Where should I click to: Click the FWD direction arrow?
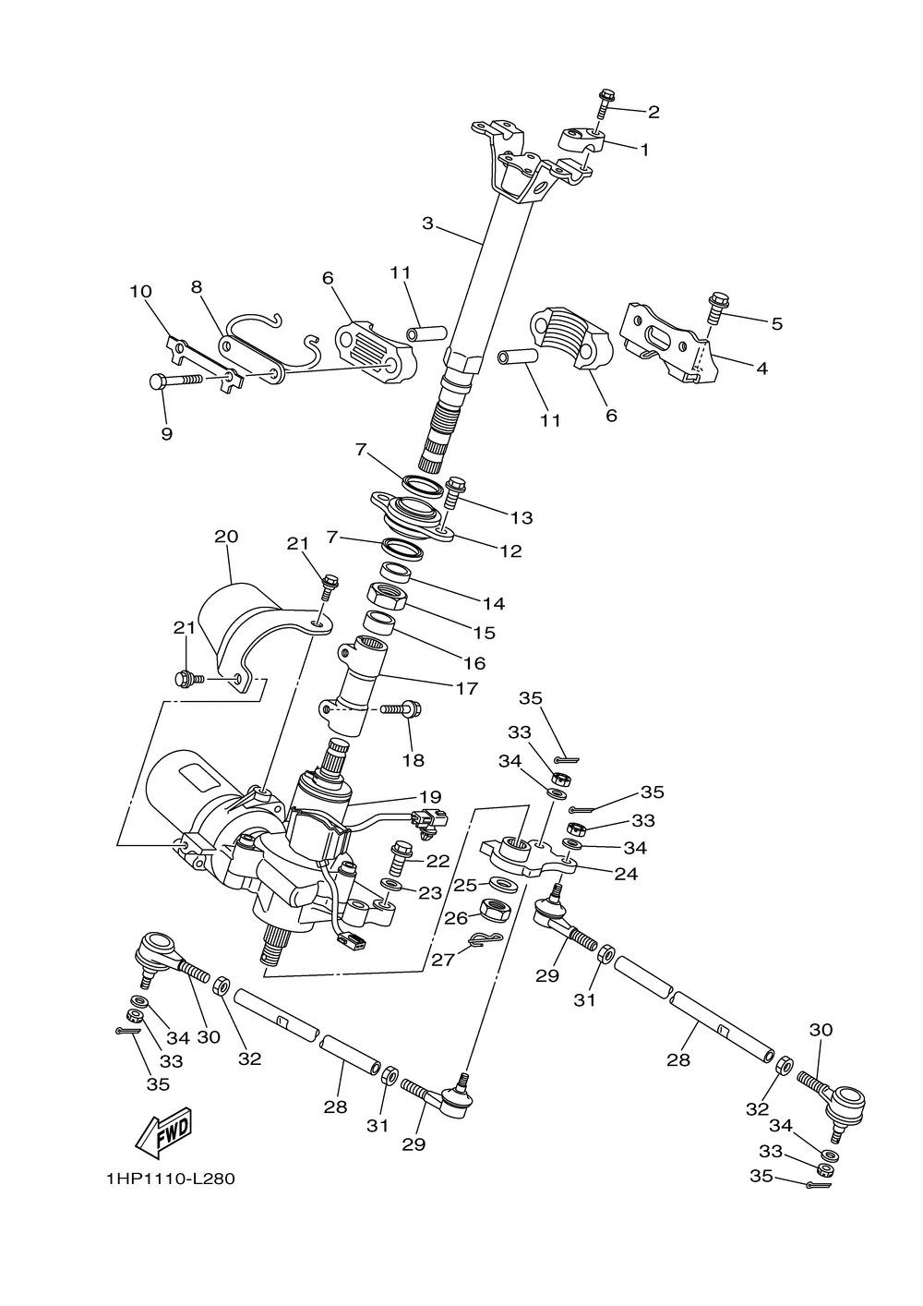click(x=163, y=1131)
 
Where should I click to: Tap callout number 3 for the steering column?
click(x=427, y=223)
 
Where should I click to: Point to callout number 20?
click(x=226, y=537)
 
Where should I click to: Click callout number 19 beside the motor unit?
click(x=429, y=797)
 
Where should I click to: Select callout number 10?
click(x=140, y=292)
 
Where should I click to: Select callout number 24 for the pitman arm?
click(x=626, y=873)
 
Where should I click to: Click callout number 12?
click(x=510, y=551)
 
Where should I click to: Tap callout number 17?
click(x=466, y=688)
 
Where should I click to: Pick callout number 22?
click(x=438, y=861)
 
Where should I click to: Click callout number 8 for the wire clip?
click(x=196, y=287)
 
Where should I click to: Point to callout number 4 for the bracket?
click(x=761, y=368)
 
